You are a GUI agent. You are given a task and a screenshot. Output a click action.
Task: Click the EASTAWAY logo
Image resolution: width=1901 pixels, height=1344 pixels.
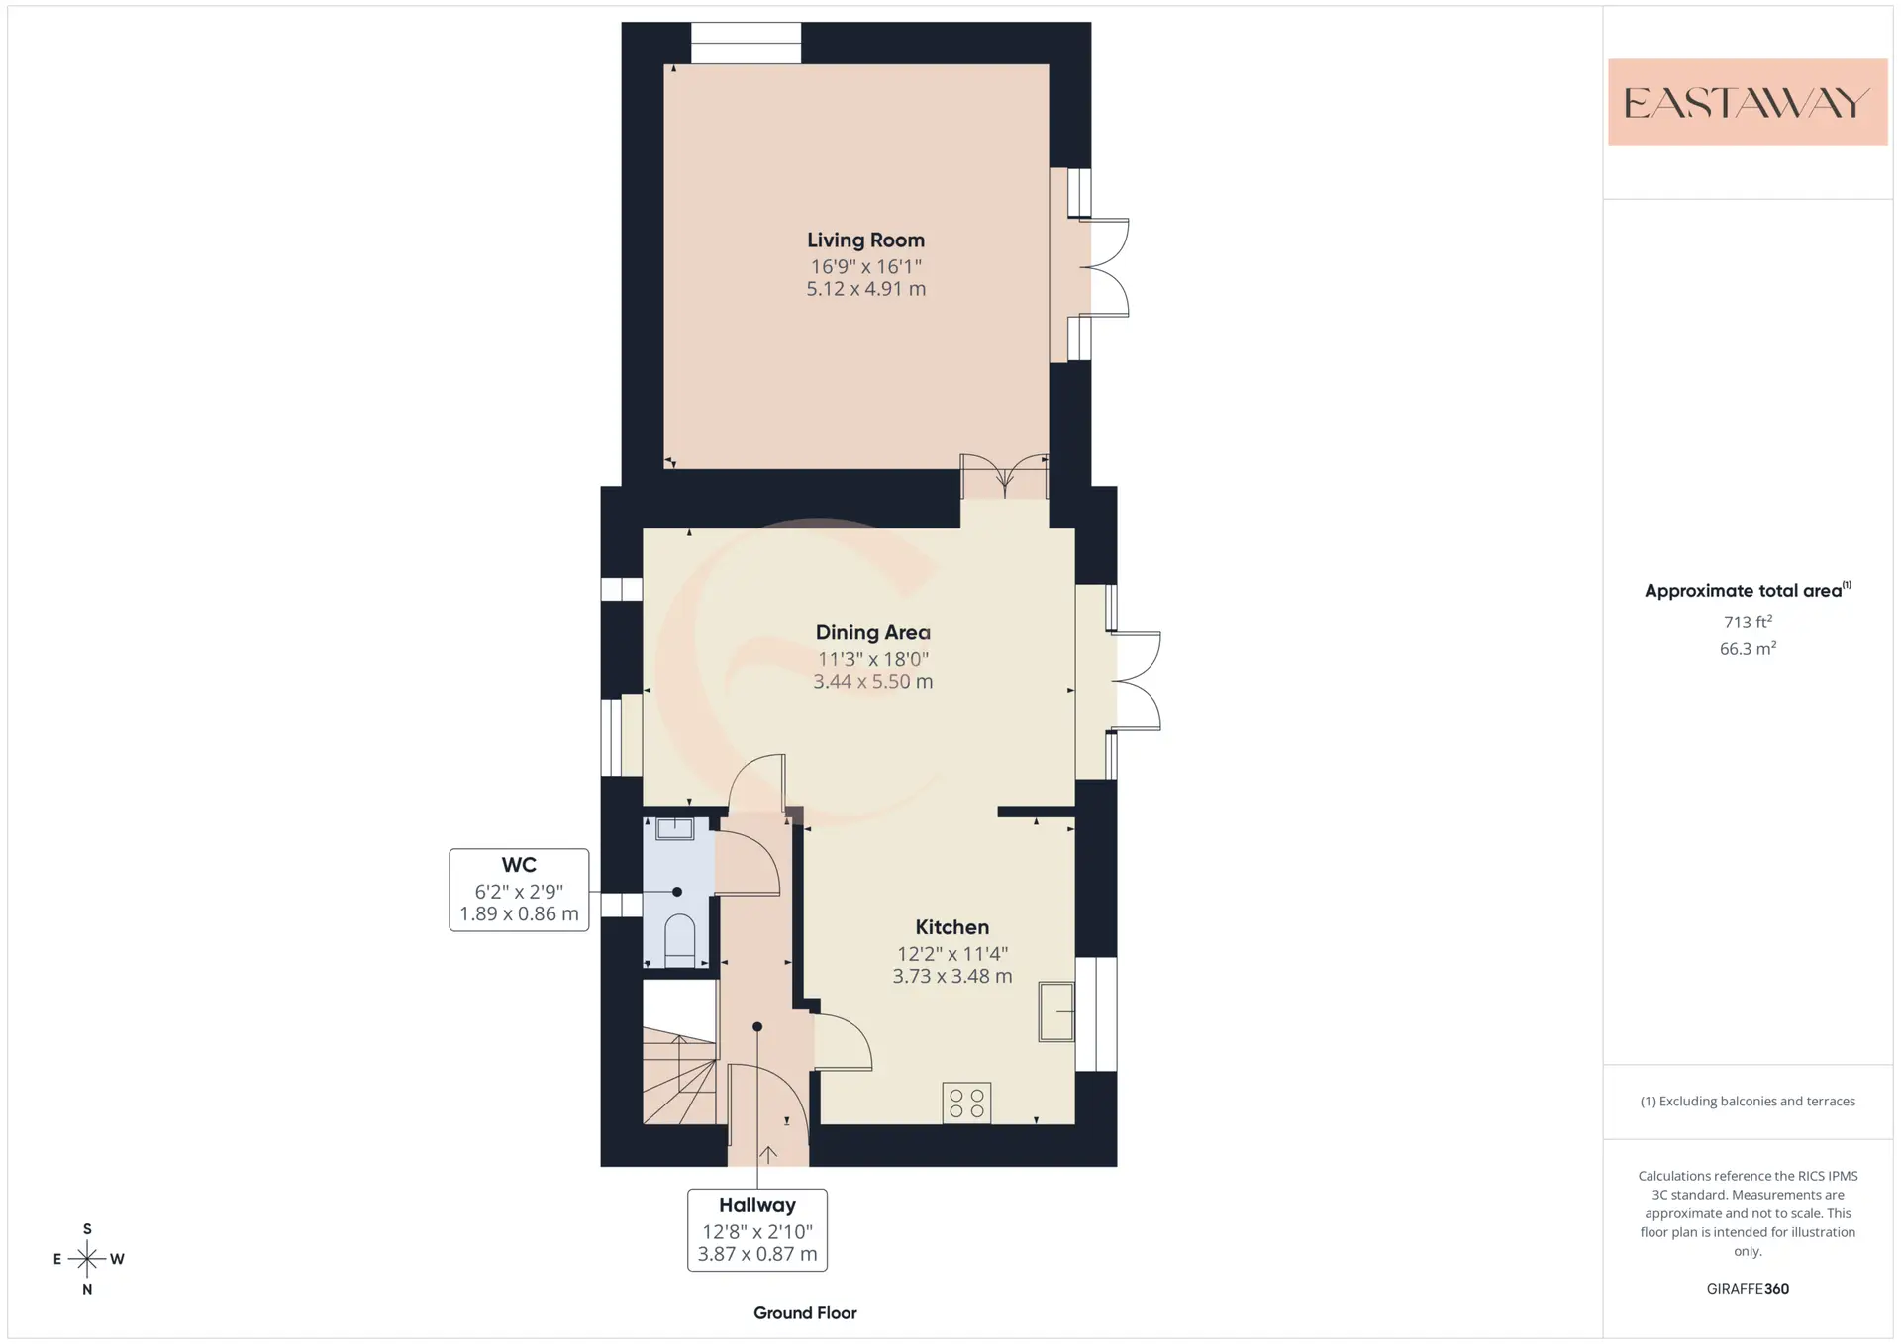(1748, 102)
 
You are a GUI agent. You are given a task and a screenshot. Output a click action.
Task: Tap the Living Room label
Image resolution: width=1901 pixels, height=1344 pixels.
(865, 240)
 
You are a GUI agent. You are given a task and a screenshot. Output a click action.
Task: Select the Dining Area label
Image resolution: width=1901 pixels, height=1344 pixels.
(872, 632)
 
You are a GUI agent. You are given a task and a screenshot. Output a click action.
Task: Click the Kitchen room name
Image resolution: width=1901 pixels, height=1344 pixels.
(951, 927)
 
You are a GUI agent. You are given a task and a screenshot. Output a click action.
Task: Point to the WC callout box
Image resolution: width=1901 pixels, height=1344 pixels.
(519, 890)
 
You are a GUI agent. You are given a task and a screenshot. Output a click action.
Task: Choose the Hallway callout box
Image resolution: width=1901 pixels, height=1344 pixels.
(757, 1229)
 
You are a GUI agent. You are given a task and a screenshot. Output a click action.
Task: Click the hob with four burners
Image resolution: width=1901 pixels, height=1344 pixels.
(966, 1103)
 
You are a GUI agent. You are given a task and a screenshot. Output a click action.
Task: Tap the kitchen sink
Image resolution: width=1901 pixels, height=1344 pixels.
(1056, 1011)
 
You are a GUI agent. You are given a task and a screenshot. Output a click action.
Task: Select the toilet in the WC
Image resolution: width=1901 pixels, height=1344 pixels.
(679, 940)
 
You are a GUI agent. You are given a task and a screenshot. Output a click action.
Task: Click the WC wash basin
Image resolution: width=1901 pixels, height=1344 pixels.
(675, 828)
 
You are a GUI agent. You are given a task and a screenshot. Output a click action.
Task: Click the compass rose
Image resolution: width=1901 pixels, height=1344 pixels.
(87, 1259)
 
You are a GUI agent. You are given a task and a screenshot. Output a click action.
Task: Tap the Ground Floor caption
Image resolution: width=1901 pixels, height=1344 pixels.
(805, 1313)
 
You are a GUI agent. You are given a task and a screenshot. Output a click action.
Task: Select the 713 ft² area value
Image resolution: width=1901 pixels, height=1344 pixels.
(1748, 622)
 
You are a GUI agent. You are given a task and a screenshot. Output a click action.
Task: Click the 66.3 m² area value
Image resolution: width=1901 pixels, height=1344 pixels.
(1748, 648)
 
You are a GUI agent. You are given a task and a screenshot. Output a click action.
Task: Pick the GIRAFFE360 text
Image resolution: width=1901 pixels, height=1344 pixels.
(1748, 1289)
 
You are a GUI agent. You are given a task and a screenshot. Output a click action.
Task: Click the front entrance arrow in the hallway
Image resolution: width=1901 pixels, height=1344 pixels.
(767, 1154)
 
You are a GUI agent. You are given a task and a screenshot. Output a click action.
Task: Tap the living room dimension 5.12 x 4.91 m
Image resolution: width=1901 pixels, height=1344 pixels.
(865, 289)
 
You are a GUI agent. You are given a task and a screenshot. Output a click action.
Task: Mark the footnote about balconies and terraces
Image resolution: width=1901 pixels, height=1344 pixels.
(1748, 1102)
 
